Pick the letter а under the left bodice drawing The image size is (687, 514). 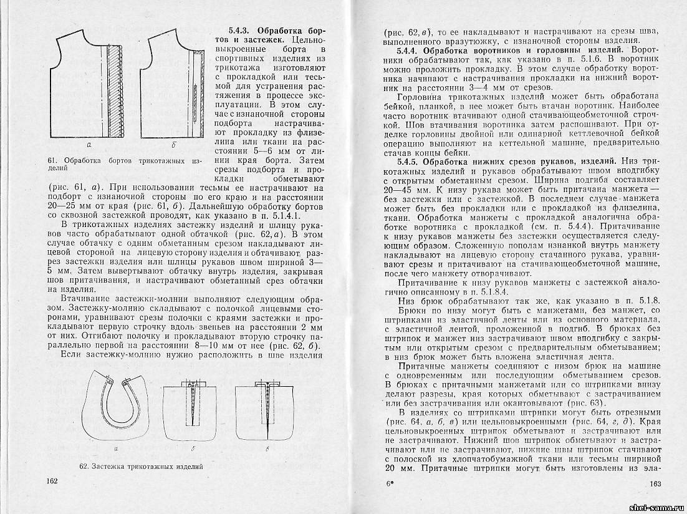(x=89, y=145)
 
